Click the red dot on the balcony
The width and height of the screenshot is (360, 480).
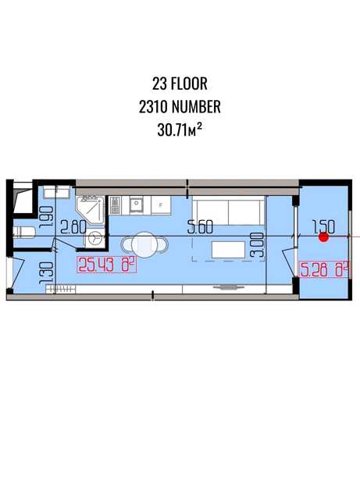click(x=323, y=237)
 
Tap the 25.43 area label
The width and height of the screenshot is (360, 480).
click(x=107, y=265)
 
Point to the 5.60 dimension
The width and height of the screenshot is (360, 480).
click(x=201, y=227)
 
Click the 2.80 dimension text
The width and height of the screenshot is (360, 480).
click(x=73, y=227)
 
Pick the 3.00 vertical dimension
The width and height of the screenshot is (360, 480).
click(x=258, y=244)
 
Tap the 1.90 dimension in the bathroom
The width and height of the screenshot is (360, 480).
click(x=47, y=217)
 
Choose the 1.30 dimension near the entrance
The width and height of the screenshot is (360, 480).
click(x=47, y=273)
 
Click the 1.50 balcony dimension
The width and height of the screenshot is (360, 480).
click(x=323, y=227)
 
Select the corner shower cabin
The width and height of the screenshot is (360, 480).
click(x=91, y=210)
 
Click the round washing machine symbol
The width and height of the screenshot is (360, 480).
click(x=95, y=237)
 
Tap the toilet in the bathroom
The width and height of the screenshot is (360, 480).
click(x=24, y=232)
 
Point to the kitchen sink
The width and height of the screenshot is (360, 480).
click(x=136, y=204)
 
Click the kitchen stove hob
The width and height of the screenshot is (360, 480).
click(x=116, y=205)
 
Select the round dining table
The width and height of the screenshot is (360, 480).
click(x=144, y=245)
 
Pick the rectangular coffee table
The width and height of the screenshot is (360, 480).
click(x=229, y=250)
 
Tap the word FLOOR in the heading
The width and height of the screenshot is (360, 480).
click(x=189, y=84)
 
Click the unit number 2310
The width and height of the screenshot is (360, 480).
click(x=153, y=107)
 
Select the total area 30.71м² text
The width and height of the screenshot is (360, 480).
click(x=180, y=130)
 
